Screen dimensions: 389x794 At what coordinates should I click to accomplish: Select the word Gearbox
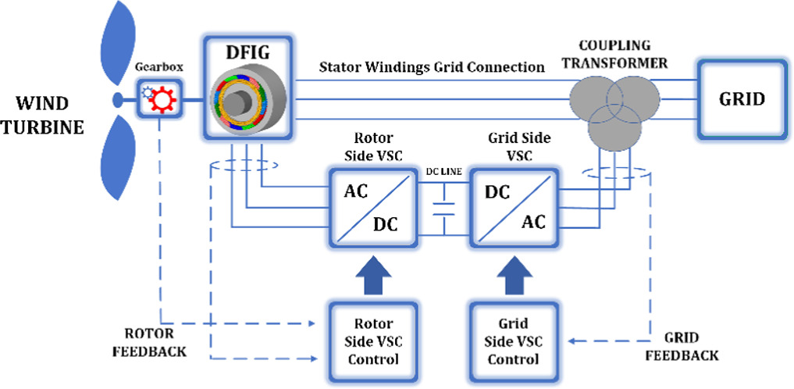tap(158, 67)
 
